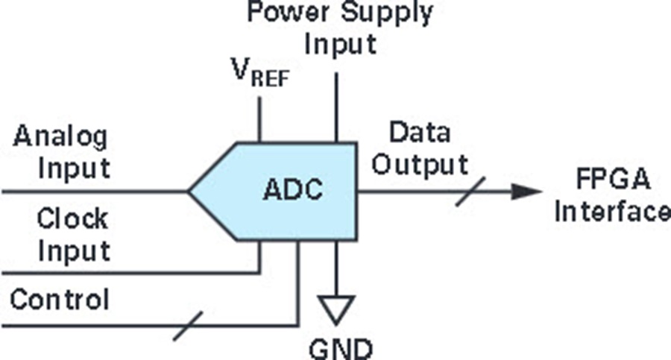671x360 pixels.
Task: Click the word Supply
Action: click(x=388, y=13)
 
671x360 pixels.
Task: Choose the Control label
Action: click(x=60, y=300)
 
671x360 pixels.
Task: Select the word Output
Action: click(x=420, y=164)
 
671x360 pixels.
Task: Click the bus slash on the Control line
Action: click(x=189, y=326)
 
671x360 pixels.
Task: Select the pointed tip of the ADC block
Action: click(x=191, y=192)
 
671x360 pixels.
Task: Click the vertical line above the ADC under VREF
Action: click(x=259, y=119)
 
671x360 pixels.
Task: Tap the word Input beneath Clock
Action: click(x=74, y=250)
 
